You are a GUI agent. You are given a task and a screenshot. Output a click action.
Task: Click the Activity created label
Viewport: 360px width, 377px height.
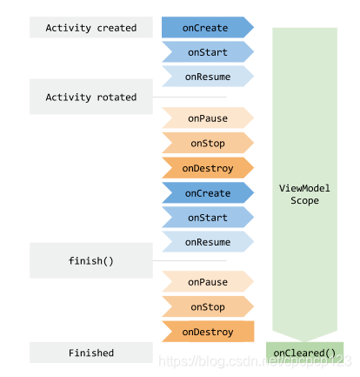(x=91, y=28)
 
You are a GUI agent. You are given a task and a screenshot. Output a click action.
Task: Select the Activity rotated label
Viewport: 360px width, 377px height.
(x=91, y=98)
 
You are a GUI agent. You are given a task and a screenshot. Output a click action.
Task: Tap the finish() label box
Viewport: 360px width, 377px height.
(x=91, y=260)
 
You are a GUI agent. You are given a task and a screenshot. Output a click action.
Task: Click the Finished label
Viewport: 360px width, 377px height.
(x=91, y=353)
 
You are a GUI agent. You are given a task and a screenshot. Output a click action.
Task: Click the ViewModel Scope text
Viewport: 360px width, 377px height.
(x=304, y=194)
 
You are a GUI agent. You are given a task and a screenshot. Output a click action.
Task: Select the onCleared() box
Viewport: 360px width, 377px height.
(x=304, y=353)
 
